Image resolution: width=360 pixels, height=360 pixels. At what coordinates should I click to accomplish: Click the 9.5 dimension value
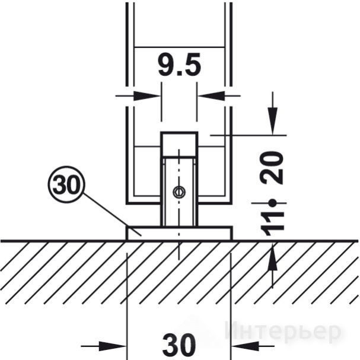(180, 65)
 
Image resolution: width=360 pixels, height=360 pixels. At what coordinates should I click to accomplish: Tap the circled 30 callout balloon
(66, 184)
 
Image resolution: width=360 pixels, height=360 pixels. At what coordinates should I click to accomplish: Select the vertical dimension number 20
(272, 168)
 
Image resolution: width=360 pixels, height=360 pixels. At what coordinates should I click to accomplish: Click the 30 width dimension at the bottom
(179, 345)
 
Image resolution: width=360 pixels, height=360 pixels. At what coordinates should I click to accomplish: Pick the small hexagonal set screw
(179, 192)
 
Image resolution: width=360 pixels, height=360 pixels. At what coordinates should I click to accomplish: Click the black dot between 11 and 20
(273, 203)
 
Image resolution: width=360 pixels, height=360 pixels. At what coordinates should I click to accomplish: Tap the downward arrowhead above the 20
(273, 120)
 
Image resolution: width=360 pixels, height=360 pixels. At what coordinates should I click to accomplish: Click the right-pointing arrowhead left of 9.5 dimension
(146, 95)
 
